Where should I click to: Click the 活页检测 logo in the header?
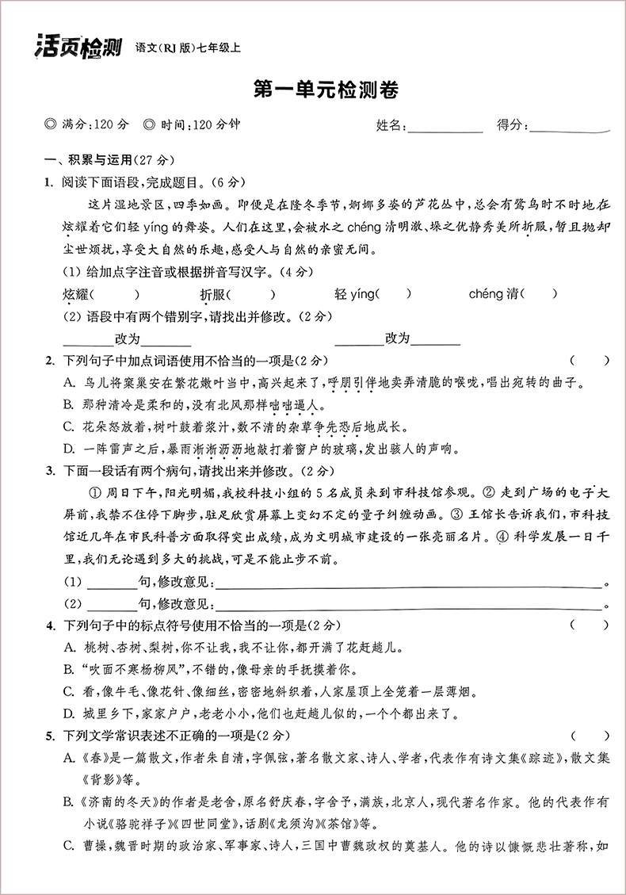(x=77, y=48)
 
